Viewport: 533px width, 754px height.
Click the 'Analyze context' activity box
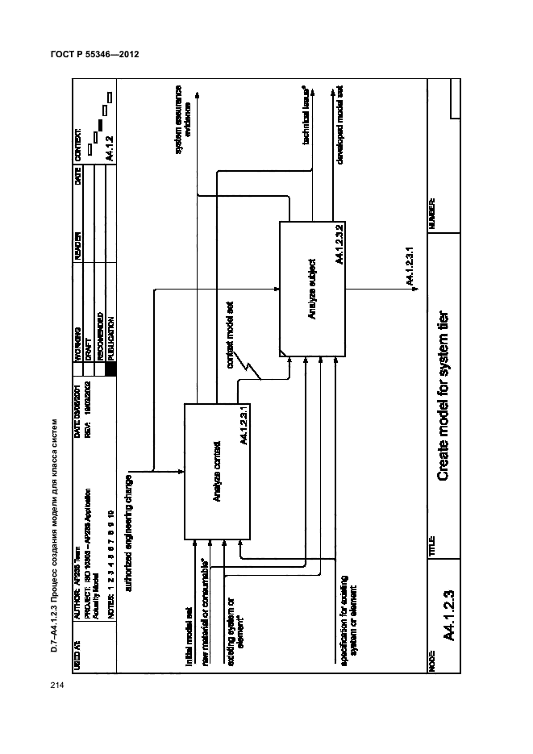[218, 471]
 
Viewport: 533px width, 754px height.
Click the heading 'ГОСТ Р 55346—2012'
[94, 56]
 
